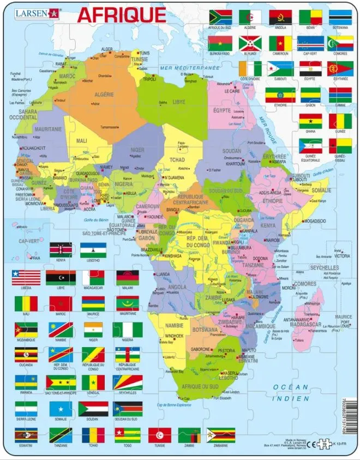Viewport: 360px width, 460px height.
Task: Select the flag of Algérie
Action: pyautogui.click(x=250, y=17)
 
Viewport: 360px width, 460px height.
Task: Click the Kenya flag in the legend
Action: pyautogui.click(x=61, y=250)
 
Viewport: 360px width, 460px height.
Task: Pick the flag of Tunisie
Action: pyautogui.click(x=160, y=435)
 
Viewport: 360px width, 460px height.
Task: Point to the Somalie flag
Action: pyautogui.click(x=61, y=409)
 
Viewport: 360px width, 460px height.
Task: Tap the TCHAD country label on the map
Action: pyautogui.click(x=177, y=160)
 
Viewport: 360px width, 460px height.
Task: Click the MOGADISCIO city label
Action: pyautogui.click(x=316, y=222)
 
